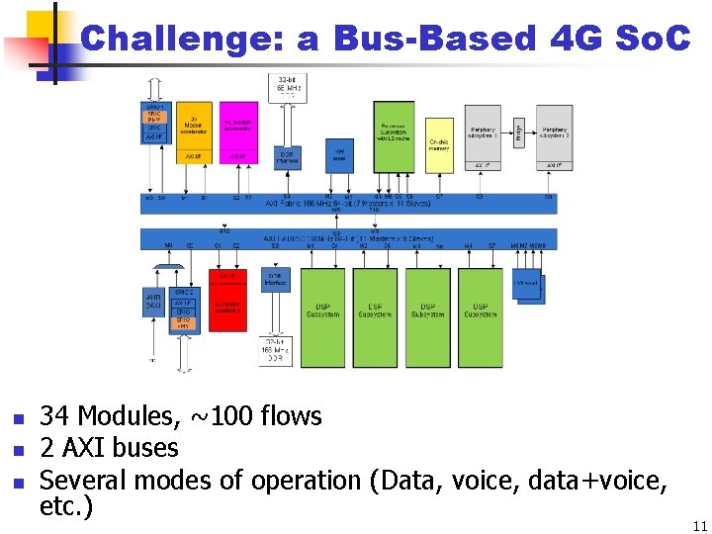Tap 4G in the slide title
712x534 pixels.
573,39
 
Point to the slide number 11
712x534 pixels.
700,525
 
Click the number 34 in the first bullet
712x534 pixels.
53,416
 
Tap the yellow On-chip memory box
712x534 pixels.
439,143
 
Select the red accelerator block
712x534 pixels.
226,307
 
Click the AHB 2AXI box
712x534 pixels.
154,303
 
